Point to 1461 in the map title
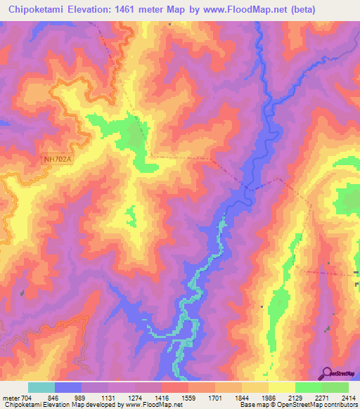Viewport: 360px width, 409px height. click(x=134, y=10)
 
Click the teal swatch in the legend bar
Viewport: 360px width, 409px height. click(x=41, y=387)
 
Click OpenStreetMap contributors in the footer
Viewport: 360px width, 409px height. click(x=327, y=405)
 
